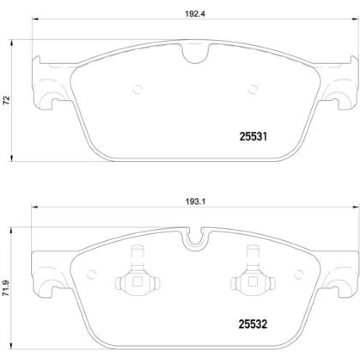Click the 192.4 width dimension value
[x=195, y=14]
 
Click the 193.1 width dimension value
[x=195, y=202]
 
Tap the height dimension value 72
[x=7, y=101]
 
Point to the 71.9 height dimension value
[x=6, y=288]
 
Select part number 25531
[x=253, y=137]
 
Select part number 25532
[x=253, y=324]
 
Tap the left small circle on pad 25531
[x=137, y=89]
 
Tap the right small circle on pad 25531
[x=253, y=89]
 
